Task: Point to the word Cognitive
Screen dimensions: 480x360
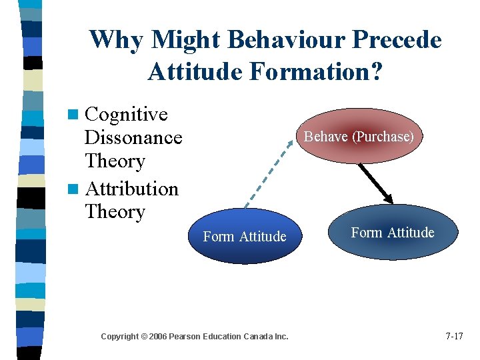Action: pyautogui.click(x=127, y=115)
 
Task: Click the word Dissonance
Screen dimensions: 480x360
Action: pyautogui.click(x=133, y=138)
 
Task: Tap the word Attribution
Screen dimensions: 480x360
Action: pyautogui.click(x=132, y=189)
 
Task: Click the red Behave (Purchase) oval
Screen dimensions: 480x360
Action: pyautogui.click(x=359, y=137)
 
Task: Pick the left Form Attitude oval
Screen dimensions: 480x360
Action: pyautogui.click(x=245, y=237)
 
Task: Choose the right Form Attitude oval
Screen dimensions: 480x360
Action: pyautogui.click(x=393, y=233)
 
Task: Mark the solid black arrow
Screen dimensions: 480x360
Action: pyautogui.click(x=375, y=181)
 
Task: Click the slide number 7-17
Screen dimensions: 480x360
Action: pyautogui.click(x=454, y=336)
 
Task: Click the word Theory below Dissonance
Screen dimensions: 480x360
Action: pyautogui.click(x=115, y=161)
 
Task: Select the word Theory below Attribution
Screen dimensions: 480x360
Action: pyautogui.click(x=115, y=212)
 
